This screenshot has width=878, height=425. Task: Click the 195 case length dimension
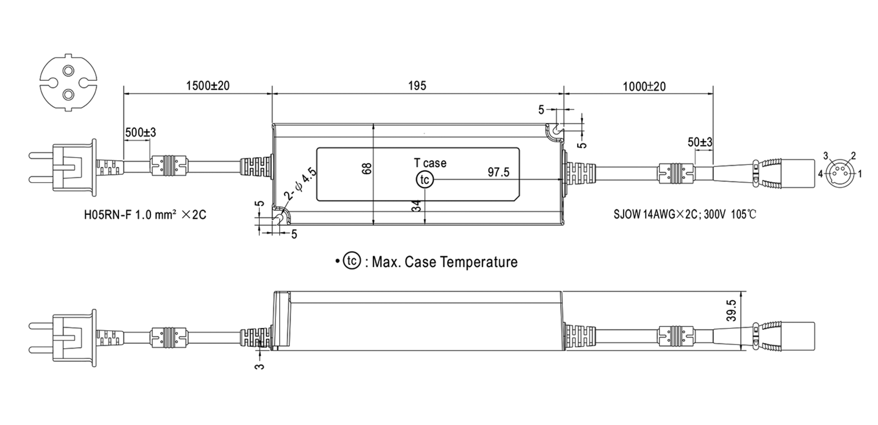point(417,86)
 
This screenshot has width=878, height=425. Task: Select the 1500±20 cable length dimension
point(208,86)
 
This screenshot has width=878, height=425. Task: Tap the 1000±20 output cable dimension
point(644,87)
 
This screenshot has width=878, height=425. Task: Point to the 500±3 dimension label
point(140,132)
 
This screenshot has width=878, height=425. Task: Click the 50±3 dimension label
point(700,142)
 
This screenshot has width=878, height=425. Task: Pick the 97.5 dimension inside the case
point(498,172)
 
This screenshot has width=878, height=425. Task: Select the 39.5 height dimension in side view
point(731,311)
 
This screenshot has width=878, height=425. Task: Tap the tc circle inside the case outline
point(424,180)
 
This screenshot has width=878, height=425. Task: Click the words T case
point(430,163)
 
